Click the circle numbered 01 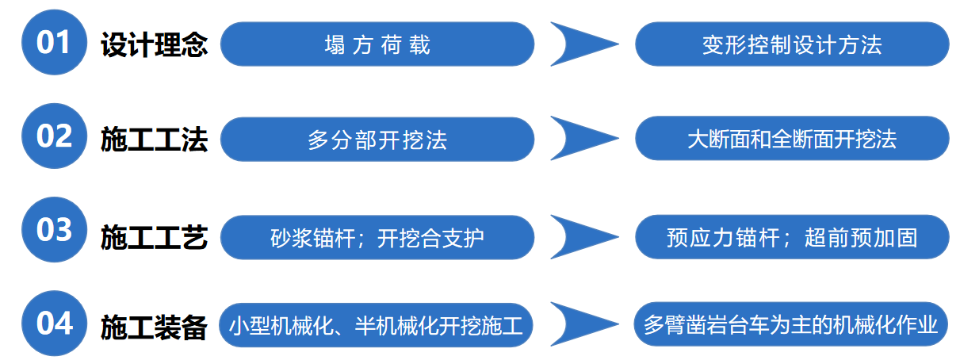pyautogui.click(x=54, y=42)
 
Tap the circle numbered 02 pyautogui.click(x=54, y=136)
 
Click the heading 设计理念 pyautogui.click(x=154, y=44)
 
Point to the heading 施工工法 pyautogui.click(x=154, y=140)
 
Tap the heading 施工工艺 pyautogui.click(x=154, y=236)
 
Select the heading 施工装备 pyautogui.click(x=154, y=327)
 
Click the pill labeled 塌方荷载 pyautogui.click(x=377, y=44)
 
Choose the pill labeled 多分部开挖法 pyautogui.click(x=377, y=140)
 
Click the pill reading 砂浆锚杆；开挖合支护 pyautogui.click(x=377, y=236)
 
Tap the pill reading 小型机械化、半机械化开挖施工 pyautogui.click(x=377, y=325)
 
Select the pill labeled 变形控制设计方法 pyautogui.click(x=791, y=44)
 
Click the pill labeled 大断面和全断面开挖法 pyautogui.click(x=791, y=140)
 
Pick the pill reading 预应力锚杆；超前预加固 pyautogui.click(x=791, y=236)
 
